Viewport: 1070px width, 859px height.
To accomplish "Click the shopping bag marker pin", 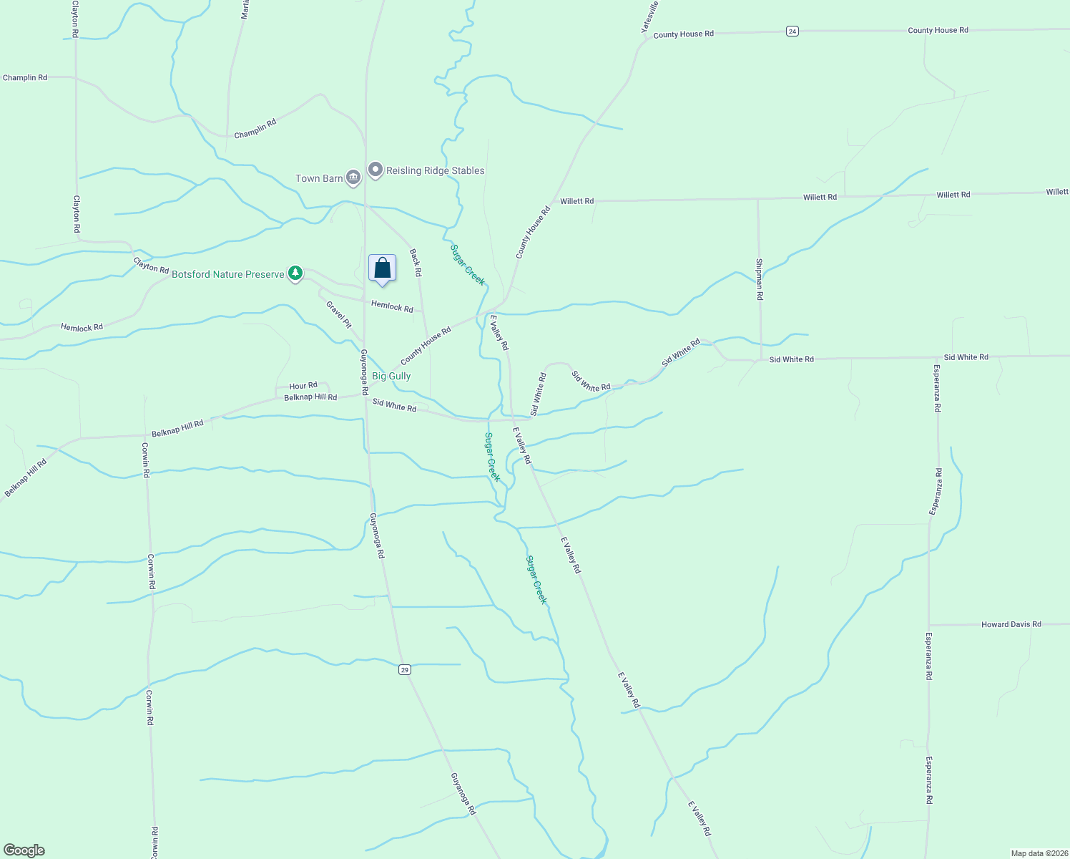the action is pyautogui.click(x=383, y=268).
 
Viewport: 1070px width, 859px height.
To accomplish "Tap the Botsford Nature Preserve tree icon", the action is pyautogui.click(x=295, y=273).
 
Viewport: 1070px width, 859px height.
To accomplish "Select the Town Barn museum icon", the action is pyautogui.click(x=353, y=178).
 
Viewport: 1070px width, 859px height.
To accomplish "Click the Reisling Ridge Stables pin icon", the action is pyautogui.click(x=376, y=170).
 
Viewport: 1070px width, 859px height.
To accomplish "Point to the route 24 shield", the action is pyautogui.click(x=792, y=31).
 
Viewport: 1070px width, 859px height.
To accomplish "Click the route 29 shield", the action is pyautogui.click(x=405, y=669).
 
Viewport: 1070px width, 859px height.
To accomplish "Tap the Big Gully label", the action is pyautogui.click(x=391, y=376).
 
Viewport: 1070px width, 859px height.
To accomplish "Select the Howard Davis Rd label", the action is pyautogui.click(x=1011, y=624).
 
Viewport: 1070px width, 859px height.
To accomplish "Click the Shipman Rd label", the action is pyautogui.click(x=759, y=278).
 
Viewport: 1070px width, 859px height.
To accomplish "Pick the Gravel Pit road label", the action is pyautogui.click(x=339, y=314).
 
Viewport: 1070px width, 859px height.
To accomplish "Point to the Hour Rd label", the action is pyautogui.click(x=303, y=386).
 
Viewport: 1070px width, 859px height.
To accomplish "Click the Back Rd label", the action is pyautogui.click(x=416, y=263).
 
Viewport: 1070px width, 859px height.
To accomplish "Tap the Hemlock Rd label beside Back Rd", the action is pyautogui.click(x=392, y=307).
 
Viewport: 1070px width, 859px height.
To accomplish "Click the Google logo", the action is pyautogui.click(x=24, y=850).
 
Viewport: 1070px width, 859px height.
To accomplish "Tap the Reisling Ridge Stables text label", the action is pyautogui.click(x=435, y=170).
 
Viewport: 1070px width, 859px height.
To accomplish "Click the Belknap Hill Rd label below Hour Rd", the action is pyautogui.click(x=310, y=397).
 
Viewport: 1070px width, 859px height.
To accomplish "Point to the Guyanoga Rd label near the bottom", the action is pyautogui.click(x=463, y=793).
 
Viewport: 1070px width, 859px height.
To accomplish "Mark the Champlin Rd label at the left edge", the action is pyautogui.click(x=25, y=77).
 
